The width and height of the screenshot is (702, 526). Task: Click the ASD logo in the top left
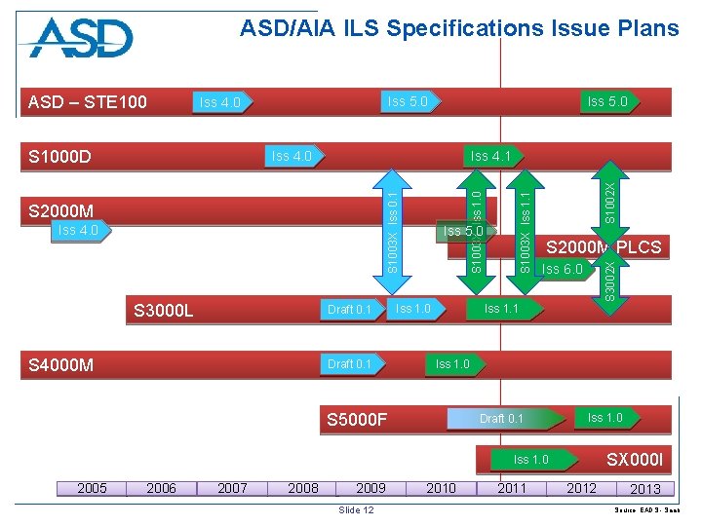pos(81,38)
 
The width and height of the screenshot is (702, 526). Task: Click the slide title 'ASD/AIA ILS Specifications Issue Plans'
pos(459,28)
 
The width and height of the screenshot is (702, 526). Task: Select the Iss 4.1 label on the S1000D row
pos(490,156)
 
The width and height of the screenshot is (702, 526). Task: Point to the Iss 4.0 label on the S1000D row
pos(292,156)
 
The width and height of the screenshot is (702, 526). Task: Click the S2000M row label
pos(61,211)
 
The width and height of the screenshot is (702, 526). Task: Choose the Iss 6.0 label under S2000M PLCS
pos(562,269)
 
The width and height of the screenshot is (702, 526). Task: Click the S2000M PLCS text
pos(603,247)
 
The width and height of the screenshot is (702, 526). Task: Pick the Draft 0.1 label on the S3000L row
pos(349,310)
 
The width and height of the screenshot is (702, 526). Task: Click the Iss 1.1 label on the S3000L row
pos(501,309)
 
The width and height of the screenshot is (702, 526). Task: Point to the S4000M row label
pos(61,365)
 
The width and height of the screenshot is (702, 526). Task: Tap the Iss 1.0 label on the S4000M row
pos(452,364)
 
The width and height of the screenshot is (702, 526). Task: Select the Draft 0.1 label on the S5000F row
pos(501,419)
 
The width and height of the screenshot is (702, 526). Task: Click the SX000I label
pos(634,459)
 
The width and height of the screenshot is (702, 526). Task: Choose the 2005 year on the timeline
pos(92,488)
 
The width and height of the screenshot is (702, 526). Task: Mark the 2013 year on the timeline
pos(645,489)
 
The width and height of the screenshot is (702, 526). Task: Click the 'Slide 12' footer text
pos(355,510)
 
